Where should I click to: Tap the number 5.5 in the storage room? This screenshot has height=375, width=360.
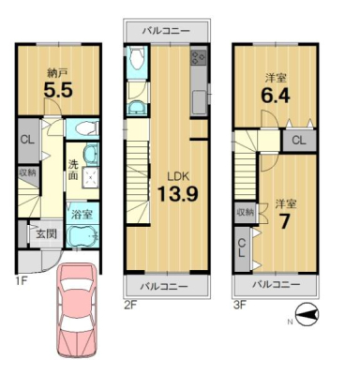coord(58,90)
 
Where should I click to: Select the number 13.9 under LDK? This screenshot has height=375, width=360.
coord(177,193)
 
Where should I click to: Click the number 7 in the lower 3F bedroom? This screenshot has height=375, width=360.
coord(283,222)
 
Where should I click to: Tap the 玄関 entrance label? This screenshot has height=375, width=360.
coord(46,233)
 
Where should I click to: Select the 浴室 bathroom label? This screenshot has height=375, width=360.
coord(82,215)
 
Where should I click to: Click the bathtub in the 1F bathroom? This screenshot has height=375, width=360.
coord(82,236)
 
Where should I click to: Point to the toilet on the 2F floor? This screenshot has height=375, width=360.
coord(137,60)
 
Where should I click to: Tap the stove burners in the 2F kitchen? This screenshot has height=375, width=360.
coord(199,57)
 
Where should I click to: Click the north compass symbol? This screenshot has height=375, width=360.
coord(307,314)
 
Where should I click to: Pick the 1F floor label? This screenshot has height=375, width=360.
coord(22,281)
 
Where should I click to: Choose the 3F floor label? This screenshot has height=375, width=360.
coord(239,304)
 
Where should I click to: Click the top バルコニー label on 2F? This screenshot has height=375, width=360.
coord(166,31)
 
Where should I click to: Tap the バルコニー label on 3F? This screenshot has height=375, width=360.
coord(277,285)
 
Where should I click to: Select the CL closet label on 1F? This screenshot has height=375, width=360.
coord(27,140)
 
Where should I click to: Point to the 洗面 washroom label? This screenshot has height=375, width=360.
coord(73,171)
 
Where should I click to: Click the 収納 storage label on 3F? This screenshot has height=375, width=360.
coord(245,213)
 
